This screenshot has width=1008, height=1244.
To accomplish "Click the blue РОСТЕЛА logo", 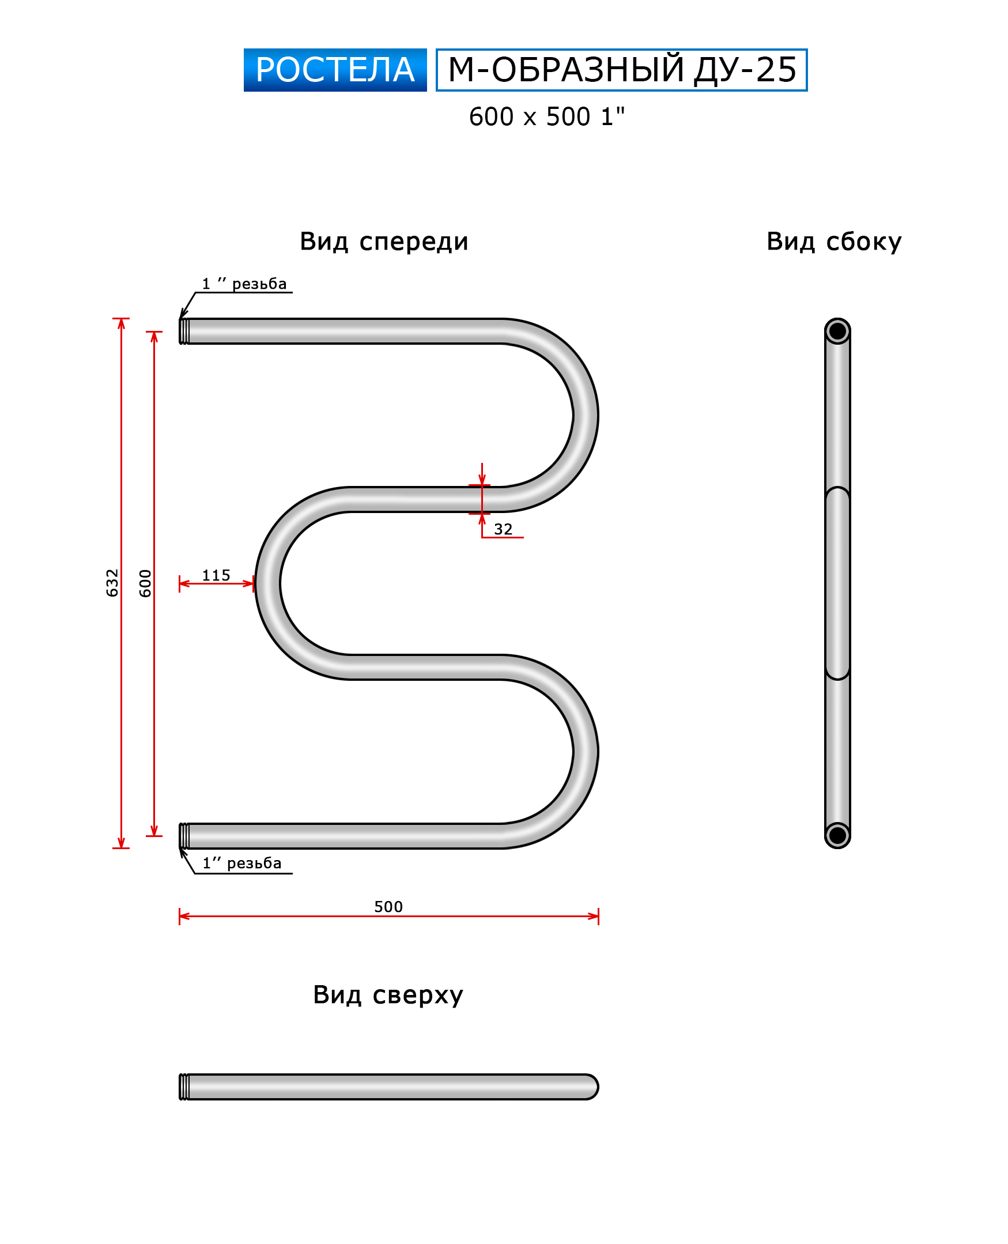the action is click(335, 70).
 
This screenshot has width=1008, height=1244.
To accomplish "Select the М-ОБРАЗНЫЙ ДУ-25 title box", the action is click(621, 70).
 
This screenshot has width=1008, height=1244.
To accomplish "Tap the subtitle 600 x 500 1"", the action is click(546, 117).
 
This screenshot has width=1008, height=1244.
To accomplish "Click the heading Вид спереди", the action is click(384, 242).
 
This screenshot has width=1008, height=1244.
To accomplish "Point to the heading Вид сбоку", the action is click(834, 242).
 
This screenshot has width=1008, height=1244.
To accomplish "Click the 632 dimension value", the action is click(112, 582).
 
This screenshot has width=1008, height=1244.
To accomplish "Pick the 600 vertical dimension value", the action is click(145, 583).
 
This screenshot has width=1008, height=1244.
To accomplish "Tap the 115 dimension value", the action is click(216, 575).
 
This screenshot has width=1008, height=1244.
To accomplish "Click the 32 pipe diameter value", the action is click(503, 529).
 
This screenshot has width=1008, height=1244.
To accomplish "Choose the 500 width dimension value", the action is click(388, 907).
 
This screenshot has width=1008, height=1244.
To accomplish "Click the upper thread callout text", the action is click(244, 284).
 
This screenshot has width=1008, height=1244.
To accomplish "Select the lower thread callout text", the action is click(242, 864).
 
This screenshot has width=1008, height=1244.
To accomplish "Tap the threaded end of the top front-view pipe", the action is click(184, 331).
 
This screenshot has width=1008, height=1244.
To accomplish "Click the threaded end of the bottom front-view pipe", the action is click(184, 836).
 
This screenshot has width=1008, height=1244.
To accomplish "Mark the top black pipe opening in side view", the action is click(837, 331).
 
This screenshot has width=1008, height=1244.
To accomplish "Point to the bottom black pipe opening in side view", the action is click(837, 835).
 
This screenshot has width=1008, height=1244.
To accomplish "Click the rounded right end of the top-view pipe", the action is click(591, 1087).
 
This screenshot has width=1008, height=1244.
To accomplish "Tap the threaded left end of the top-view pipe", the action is click(184, 1087).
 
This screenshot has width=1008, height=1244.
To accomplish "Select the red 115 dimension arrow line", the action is click(217, 583).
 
